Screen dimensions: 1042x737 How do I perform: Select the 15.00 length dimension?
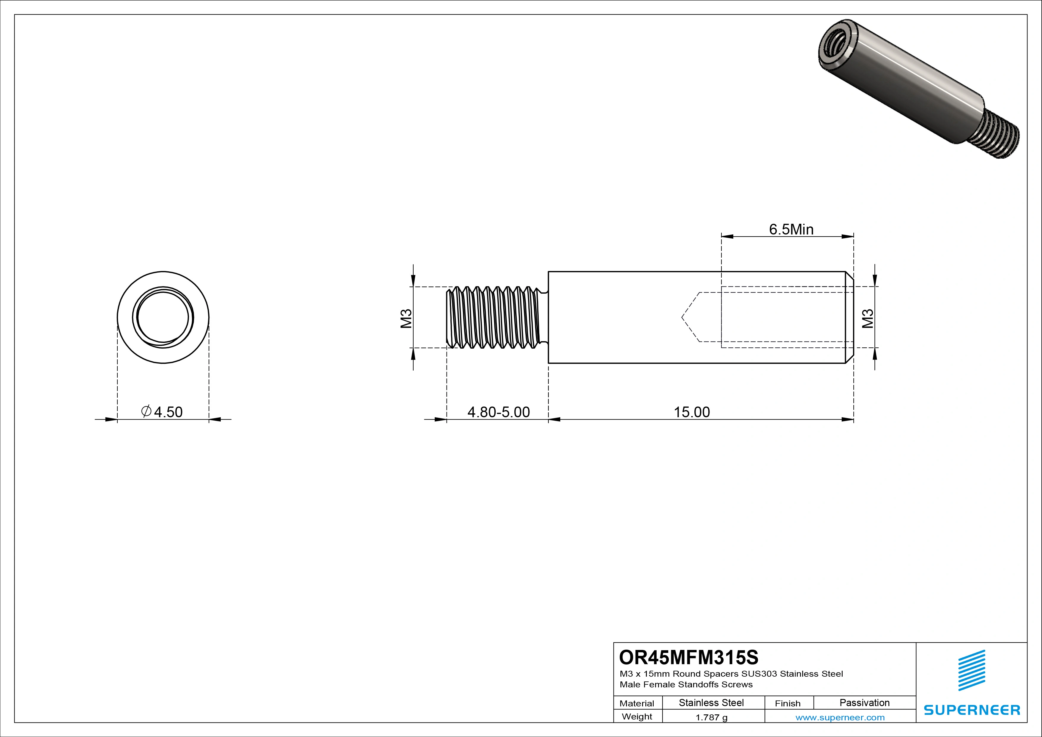(692, 412)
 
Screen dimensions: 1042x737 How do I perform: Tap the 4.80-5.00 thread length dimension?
(498, 412)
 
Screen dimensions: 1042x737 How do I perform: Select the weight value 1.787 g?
(711, 717)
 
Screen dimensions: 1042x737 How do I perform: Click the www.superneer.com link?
(840, 717)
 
